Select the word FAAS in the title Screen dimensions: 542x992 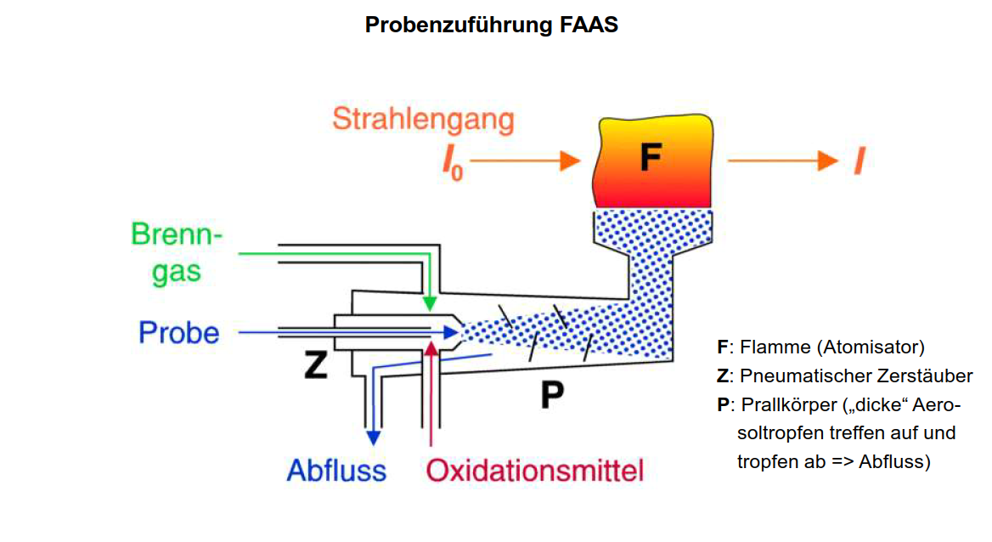[589, 25]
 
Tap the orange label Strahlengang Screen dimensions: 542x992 [423, 119]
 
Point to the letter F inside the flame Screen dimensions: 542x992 [650, 159]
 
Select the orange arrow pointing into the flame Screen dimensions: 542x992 [527, 161]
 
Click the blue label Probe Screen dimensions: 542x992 [179, 333]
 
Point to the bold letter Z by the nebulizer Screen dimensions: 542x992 [316, 365]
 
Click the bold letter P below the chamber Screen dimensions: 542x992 [553, 394]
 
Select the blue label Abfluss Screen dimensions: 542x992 [336, 470]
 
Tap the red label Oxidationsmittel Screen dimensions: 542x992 [535, 470]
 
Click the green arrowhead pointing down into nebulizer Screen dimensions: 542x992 [430, 302]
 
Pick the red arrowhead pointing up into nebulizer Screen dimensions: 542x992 [432, 347]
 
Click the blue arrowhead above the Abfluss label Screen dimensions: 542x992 [372, 438]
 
